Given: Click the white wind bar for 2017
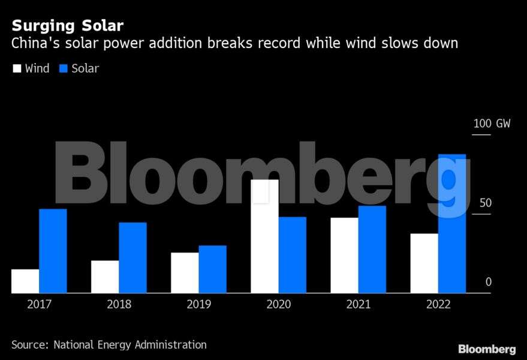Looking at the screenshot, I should click(25, 281).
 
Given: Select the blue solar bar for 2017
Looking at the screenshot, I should click(53, 251).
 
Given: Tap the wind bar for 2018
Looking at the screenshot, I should click(105, 277).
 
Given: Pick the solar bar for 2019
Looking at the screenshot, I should click(212, 269).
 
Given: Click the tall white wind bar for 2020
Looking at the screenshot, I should click(264, 236).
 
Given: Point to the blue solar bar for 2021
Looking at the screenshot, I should click(372, 249).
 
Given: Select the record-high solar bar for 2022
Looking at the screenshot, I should click(452, 223).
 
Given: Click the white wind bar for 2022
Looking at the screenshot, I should click(424, 263).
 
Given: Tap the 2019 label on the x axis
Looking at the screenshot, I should click(198, 304).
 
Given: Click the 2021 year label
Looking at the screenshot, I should click(359, 304).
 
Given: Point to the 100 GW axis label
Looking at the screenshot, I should click(492, 124).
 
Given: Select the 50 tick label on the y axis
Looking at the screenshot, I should click(485, 203).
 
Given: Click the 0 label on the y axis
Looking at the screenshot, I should click(489, 282).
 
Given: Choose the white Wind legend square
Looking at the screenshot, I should click(17, 68).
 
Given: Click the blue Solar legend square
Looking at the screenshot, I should click(63, 68).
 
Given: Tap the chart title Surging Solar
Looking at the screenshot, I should click(67, 26).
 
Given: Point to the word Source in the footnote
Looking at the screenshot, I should click(29, 344).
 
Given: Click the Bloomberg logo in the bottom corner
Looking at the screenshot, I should click(487, 349).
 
